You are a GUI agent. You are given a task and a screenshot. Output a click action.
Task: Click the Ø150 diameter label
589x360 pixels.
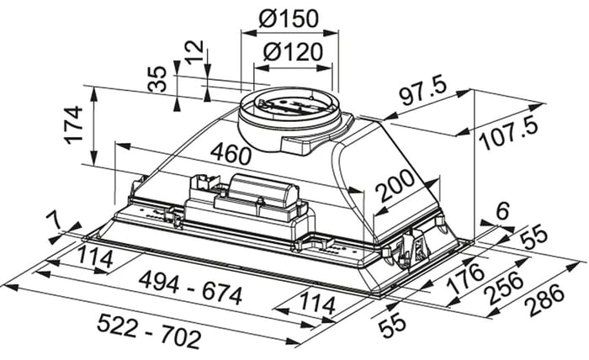coord(289,18)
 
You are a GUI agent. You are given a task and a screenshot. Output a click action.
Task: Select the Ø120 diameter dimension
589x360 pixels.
coord(293,52)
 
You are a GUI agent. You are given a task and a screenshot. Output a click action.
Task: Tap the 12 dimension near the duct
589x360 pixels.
coord(195,52)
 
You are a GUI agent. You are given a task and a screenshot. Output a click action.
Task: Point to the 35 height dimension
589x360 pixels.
coord(157,79)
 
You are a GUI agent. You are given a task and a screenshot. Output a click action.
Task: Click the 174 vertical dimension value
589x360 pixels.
coord(74,125)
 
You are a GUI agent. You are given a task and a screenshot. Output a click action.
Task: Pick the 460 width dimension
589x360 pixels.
coord(231,154)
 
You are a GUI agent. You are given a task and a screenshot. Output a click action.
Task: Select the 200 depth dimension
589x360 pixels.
coord(396,185)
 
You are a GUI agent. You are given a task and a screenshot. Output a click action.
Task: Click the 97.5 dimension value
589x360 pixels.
coord(424,93)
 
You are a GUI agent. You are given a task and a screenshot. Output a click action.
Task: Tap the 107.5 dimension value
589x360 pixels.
coord(510,134)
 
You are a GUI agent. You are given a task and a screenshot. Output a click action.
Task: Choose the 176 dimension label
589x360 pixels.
coord(465,278)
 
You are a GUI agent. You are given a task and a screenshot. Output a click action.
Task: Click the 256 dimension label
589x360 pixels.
coord(504,289)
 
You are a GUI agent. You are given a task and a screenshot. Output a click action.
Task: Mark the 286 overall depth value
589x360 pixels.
coord(544,299)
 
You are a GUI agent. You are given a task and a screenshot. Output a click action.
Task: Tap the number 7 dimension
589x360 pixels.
coord(54,221)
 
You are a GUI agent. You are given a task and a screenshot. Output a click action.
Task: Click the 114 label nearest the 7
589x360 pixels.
coord(95,257)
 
